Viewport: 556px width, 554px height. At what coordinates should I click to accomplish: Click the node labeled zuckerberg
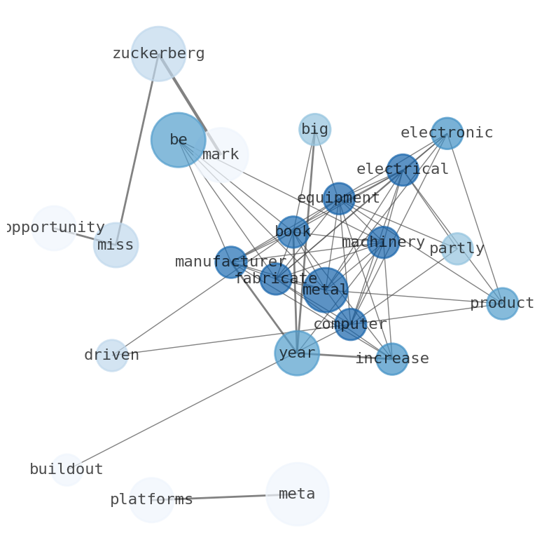(x=158, y=53)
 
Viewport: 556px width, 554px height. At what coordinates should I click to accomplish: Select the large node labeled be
(x=178, y=140)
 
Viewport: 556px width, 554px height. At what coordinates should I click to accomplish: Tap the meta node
(x=297, y=494)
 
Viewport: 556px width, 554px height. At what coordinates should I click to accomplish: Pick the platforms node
(x=151, y=500)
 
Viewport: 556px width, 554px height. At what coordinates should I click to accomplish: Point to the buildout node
(x=67, y=470)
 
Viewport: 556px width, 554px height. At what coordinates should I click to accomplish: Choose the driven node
(x=111, y=356)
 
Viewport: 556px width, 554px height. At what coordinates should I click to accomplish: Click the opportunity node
(x=54, y=228)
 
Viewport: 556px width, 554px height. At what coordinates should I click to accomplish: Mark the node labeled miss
(x=116, y=245)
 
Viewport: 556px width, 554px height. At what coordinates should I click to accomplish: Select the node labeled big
(x=314, y=129)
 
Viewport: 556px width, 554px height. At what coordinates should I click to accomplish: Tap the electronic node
(x=447, y=133)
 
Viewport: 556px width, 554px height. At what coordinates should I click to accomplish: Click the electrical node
(x=403, y=170)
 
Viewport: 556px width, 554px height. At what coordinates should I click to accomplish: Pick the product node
(x=502, y=304)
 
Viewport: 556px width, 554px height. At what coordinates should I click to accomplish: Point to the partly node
(x=457, y=249)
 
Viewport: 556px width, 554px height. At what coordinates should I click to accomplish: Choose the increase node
(x=392, y=359)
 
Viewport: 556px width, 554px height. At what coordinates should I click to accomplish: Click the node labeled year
(x=297, y=353)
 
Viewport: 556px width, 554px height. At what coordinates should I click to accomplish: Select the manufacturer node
(x=230, y=262)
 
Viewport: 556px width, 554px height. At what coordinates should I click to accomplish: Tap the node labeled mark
(x=221, y=154)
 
